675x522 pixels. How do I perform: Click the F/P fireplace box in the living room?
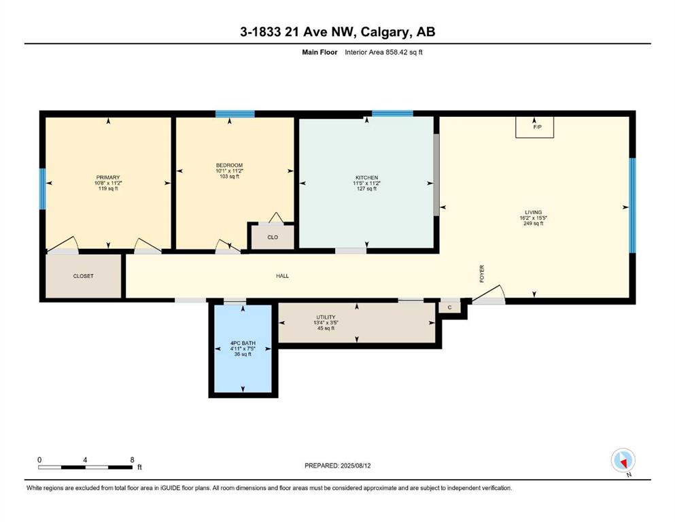click(535, 127)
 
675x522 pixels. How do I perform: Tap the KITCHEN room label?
click(367, 177)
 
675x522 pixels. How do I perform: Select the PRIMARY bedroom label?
click(108, 177)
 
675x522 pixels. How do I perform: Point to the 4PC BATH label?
click(243, 343)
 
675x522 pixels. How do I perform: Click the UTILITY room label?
click(326, 317)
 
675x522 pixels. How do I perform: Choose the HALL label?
click(282, 276)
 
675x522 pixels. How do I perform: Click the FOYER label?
click(482, 274)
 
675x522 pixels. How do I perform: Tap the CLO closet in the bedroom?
click(273, 237)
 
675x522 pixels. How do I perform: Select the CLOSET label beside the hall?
click(83, 276)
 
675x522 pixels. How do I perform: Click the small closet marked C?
click(449, 307)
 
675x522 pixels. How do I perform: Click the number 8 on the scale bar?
click(132, 459)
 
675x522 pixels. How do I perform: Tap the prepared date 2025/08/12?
click(356, 466)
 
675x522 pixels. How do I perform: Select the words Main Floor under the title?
click(319, 52)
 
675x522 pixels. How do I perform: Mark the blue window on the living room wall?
click(632, 205)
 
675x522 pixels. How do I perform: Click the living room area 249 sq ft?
click(534, 224)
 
